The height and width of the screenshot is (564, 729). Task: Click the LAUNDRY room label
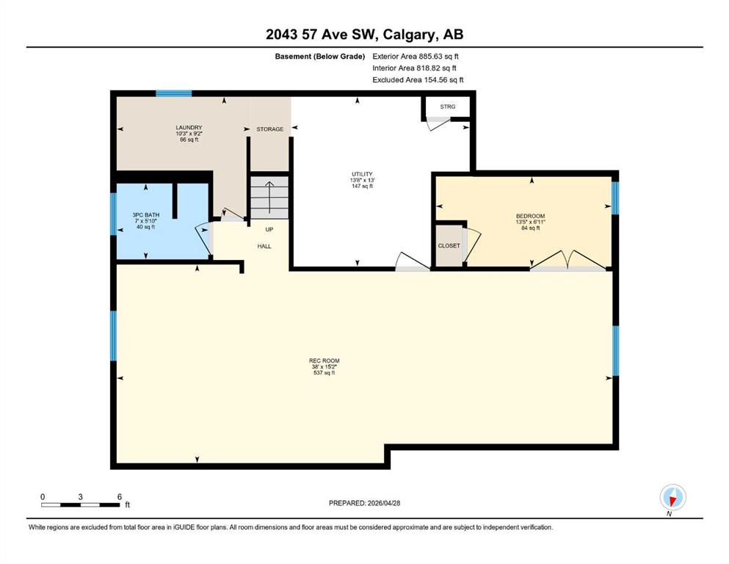[x=189, y=127]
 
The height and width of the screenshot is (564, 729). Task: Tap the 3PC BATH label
[x=146, y=215]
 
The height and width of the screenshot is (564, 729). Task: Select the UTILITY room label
[x=362, y=174]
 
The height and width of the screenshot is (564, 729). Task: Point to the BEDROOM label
[x=531, y=216]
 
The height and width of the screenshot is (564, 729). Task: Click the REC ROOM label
[x=324, y=361]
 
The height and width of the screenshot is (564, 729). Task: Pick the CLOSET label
[x=449, y=245]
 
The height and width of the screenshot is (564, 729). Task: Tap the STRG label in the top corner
[x=448, y=106]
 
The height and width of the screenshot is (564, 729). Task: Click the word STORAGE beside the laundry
[x=269, y=129]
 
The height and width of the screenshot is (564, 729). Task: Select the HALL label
[x=264, y=247]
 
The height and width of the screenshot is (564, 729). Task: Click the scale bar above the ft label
[x=81, y=505]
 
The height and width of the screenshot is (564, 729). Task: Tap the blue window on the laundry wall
[x=174, y=93]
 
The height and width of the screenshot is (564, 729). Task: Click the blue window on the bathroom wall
[x=113, y=214]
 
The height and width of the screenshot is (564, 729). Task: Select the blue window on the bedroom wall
[x=615, y=198]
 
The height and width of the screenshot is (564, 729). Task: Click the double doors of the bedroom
[x=567, y=261]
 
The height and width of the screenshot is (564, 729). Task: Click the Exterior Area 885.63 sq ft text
[x=416, y=57]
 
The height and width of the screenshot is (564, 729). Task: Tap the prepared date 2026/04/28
[x=383, y=503]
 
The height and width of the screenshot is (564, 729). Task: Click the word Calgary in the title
[x=410, y=35]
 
